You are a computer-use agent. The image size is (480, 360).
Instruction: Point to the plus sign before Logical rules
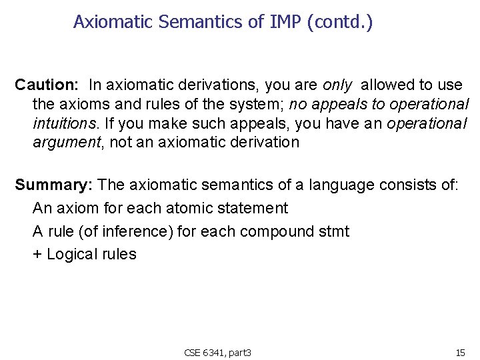37,254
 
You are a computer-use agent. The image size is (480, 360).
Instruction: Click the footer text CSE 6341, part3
217,352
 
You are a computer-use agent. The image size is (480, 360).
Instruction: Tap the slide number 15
460,352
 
